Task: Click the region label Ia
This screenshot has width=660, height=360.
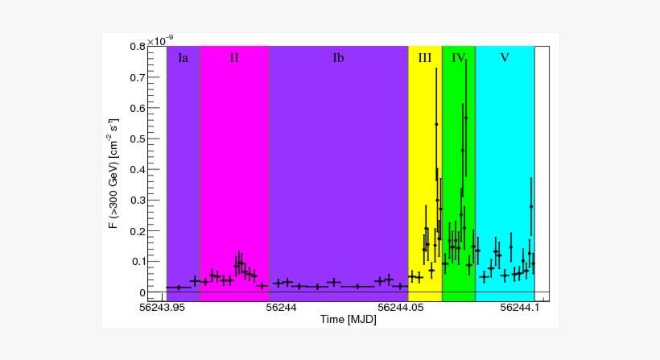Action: [184, 58]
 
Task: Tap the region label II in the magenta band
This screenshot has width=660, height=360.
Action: [234, 58]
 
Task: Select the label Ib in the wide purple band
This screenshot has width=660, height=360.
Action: [338, 58]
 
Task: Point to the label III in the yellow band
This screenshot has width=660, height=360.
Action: [425, 58]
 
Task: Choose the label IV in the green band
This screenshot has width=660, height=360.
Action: [458, 58]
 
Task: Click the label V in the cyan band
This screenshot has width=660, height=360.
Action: [505, 58]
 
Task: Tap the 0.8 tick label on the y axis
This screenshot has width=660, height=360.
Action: [135, 47]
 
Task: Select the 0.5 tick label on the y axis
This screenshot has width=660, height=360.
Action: [135, 139]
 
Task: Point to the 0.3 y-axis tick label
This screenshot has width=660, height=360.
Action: [135, 201]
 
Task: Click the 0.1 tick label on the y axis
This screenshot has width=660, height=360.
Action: [135, 262]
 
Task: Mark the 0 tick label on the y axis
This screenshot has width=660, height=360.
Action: [140, 292]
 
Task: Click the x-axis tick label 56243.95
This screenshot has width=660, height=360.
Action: [162, 308]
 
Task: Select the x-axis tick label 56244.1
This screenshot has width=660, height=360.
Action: [519, 308]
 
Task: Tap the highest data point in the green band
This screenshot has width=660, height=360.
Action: [465, 118]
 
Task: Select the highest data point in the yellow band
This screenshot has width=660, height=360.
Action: [436, 124]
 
